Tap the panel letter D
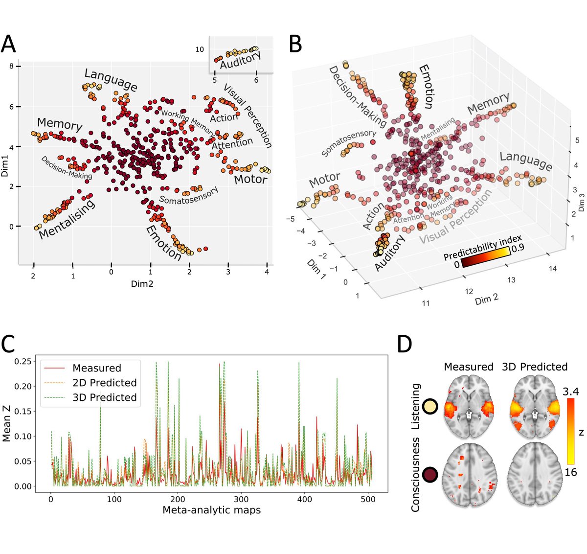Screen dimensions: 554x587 [x=404, y=345]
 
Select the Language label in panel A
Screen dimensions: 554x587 [x=111, y=80]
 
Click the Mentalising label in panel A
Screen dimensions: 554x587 [x=67, y=220]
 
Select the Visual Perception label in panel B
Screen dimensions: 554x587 [x=455, y=218]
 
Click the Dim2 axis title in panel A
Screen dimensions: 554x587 [x=141, y=283]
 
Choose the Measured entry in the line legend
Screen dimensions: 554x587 [x=96, y=368]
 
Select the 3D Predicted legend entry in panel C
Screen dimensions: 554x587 [x=104, y=397]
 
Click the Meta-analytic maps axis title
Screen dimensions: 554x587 [x=211, y=510]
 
